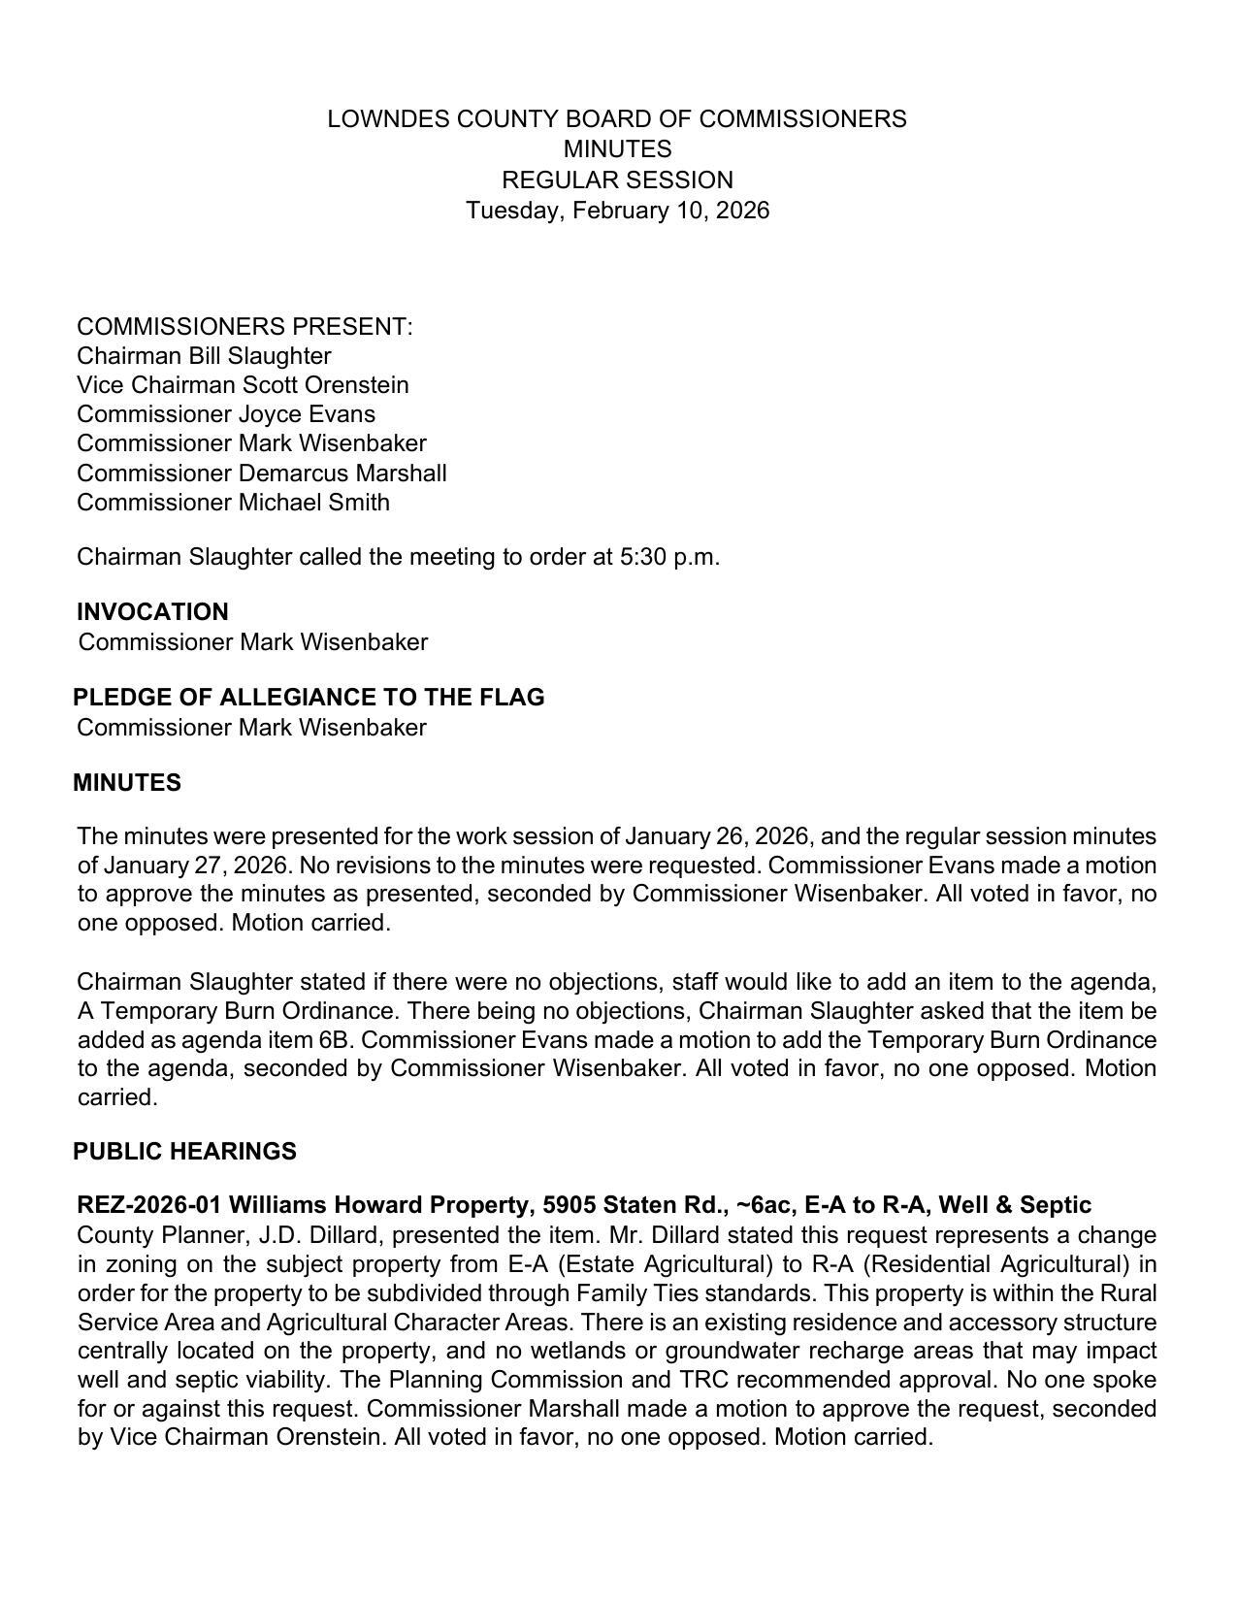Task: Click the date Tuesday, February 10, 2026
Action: pyautogui.click(x=617, y=211)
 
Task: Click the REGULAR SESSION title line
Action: pyautogui.click(x=617, y=180)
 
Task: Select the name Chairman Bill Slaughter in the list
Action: pyautogui.click(x=204, y=356)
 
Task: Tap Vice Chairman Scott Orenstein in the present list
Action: pyautogui.click(x=243, y=385)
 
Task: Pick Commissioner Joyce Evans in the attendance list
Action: pyautogui.click(x=225, y=414)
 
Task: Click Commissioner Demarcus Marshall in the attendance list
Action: pyautogui.click(x=261, y=474)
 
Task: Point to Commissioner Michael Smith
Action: pyautogui.click(x=233, y=503)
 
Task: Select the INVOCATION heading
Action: pyautogui.click(x=152, y=612)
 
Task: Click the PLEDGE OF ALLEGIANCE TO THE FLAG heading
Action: pyautogui.click(x=309, y=698)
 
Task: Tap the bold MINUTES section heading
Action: pyautogui.click(x=126, y=783)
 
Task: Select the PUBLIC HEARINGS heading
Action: pyautogui.click(x=184, y=1152)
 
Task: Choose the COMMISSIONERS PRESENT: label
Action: pyautogui.click(x=244, y=327)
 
